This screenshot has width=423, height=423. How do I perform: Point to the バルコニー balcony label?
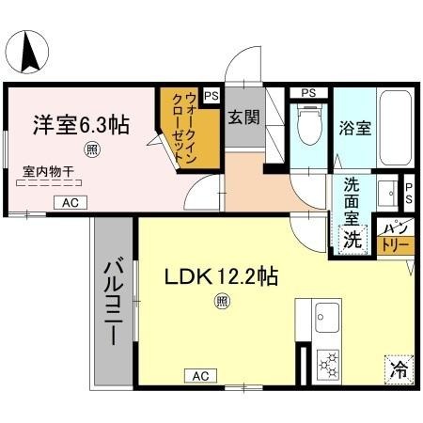coord(114,303)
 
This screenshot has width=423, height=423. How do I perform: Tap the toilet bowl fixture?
coord(305,128)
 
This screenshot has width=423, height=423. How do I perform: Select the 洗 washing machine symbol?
coord(352,240)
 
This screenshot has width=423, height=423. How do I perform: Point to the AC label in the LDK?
coord(199,376)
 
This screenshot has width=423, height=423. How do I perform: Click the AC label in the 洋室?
coord(71,202)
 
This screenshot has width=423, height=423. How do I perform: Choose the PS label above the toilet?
coord(308,93)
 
